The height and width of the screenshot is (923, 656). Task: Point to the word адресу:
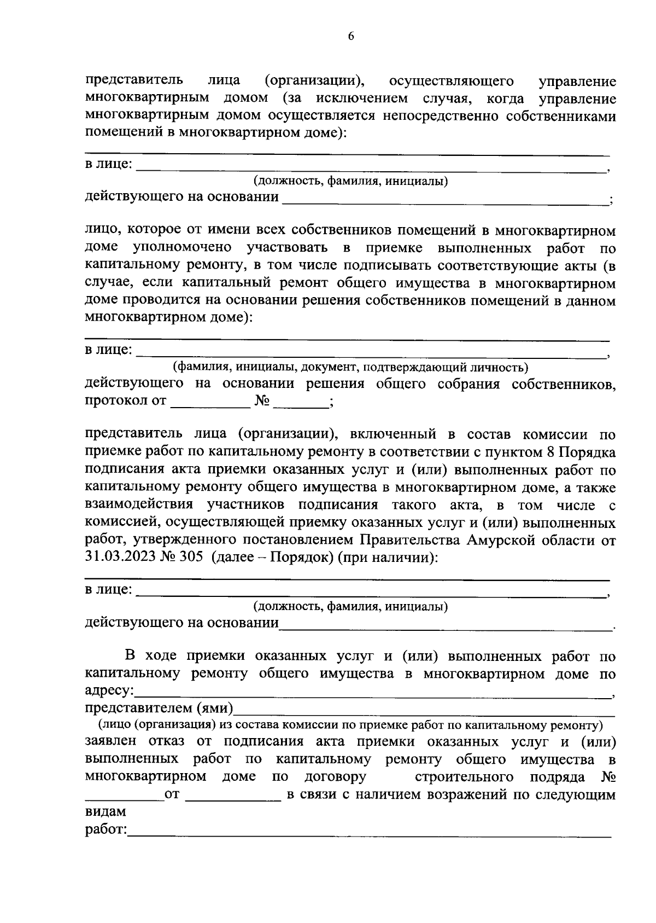click(109, 691)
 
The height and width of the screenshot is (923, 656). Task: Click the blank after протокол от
click(210, 402)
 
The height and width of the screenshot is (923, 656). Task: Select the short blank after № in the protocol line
click(301, 402)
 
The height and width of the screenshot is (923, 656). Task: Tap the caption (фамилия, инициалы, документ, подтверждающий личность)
click(350, 367)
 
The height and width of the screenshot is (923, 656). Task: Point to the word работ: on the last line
click(106, 830)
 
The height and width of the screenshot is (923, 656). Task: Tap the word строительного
click(464, 777)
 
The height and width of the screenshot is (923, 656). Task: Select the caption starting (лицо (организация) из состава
click(350, 725)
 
